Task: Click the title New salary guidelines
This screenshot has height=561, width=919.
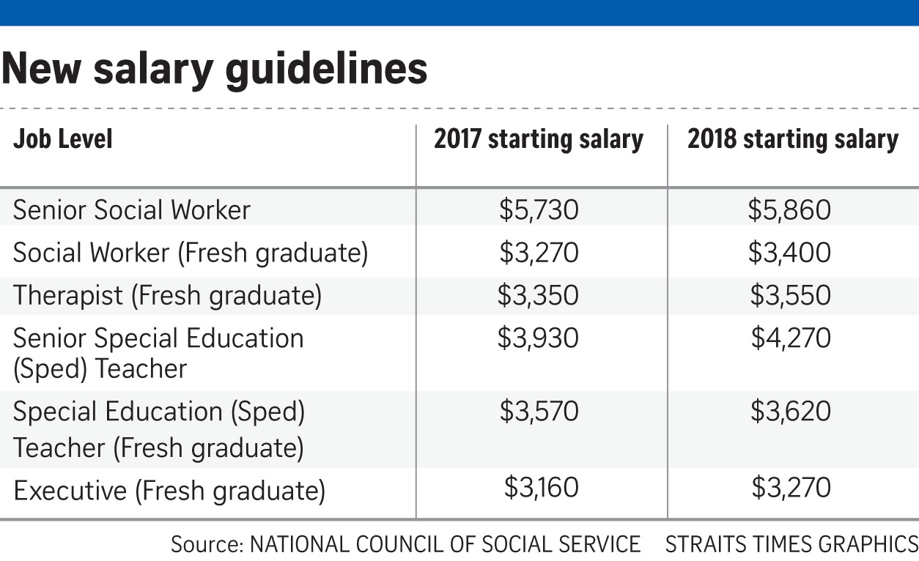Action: point(214,70)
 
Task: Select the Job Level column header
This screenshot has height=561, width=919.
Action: point(63,139)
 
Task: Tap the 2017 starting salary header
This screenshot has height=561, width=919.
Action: point(539,139)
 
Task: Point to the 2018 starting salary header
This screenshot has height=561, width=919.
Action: point(793,139)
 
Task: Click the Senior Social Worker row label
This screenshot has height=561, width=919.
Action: point(132,210)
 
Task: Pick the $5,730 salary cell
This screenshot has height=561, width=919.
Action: point(539,210)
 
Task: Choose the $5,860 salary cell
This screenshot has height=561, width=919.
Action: point(790,210)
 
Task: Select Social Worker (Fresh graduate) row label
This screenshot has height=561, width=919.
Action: point(191,253)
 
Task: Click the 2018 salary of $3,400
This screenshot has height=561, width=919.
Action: point(790,253)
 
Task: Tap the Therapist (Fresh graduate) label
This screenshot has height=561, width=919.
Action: point(168,296)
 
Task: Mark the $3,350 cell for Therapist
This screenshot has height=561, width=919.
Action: point(539,295)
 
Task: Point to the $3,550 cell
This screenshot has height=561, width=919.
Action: point(791,295)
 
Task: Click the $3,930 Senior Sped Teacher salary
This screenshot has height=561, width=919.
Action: point(539,338)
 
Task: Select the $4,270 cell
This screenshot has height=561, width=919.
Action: point(791,338)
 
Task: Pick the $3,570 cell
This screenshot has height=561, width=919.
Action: point(539,412)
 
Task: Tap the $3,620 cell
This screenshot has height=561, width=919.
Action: point(791,412)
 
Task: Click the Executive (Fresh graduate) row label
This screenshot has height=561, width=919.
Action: point(169,491)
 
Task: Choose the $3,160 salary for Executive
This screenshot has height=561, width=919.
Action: point(541,487)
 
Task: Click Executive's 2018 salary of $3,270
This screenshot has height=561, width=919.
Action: point(791,487)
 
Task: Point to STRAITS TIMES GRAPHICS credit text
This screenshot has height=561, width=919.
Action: point(791,544)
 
